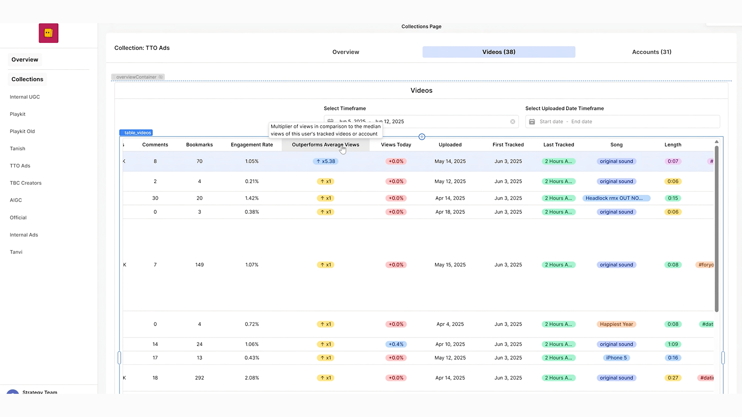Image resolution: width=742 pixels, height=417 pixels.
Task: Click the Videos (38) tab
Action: (499, 52)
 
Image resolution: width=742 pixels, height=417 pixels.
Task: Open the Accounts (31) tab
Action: (652, 52)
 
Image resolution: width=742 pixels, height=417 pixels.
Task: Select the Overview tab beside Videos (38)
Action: (345, 52)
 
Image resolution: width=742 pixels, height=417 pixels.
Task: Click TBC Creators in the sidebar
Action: (26, 183)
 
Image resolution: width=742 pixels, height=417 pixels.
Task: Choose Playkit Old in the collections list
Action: (22, 131)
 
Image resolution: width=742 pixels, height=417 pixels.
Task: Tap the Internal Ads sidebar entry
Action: (24, 235)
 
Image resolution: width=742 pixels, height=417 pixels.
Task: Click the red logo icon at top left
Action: (48, 33)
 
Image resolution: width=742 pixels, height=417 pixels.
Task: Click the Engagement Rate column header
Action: (252, 145)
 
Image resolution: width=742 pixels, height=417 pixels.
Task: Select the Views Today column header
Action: (396, 145)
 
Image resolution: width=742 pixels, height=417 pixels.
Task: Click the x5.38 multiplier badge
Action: (325, 161)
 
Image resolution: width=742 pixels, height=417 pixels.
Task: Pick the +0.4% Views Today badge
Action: (396, 344)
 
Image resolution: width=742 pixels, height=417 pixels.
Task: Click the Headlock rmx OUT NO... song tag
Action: (616, 198)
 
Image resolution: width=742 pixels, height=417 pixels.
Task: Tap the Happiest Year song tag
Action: (616, 324)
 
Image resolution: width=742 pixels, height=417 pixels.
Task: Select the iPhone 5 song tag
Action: (616, 358)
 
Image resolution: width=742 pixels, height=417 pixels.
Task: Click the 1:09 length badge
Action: (672, 344)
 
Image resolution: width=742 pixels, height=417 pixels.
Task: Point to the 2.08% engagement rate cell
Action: (252, 378)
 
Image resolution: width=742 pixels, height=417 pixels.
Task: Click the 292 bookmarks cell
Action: (199, 378)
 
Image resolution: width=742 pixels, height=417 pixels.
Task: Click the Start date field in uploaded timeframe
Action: (551, 122)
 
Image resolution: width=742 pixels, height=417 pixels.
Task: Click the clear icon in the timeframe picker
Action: (512, 122)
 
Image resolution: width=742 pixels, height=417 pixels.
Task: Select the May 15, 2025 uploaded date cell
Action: (450, 265)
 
